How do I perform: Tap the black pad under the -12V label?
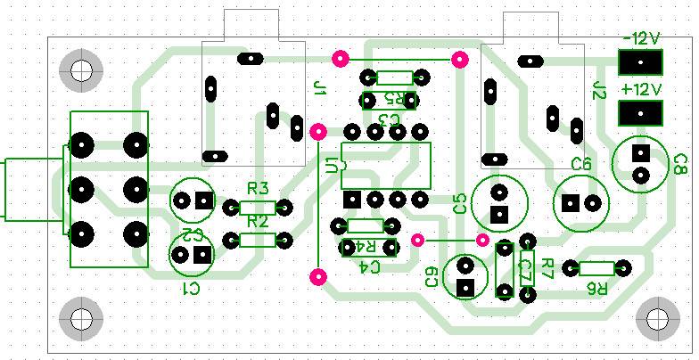(x=640, y=62)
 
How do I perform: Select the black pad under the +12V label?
(x=640, y=113)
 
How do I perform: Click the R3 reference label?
(x=258, y=189)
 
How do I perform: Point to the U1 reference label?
(x=333, y=165)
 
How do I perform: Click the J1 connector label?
(x=321, y=87)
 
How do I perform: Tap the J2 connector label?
(x=599, y=88)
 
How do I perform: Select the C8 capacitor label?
(x=680, y=164)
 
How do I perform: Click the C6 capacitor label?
(x=581, y=164)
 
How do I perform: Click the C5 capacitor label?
(x=460, y=203)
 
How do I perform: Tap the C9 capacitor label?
(x=432, y=277)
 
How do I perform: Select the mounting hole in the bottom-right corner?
(x=660, y=317)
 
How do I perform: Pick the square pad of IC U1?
(x=352, y=199)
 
